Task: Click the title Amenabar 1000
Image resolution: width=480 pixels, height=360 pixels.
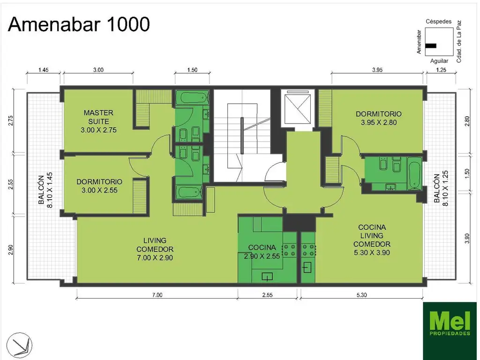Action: coord(79,24)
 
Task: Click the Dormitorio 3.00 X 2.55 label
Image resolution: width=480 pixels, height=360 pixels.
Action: coord(99,186)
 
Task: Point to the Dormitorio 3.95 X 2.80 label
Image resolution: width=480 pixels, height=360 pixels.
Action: coord(378,118)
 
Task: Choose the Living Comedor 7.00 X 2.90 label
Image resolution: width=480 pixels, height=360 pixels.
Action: coord(155,249)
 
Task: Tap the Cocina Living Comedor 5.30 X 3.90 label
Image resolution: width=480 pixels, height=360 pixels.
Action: coord(371,240)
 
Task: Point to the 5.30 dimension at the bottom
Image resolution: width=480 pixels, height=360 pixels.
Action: coord(361,295)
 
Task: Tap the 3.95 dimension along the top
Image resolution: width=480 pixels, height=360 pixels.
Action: coord(377,70)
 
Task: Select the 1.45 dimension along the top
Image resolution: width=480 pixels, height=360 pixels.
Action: coord(44,70)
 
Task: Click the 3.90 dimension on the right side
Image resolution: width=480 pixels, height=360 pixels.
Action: coord(466,238)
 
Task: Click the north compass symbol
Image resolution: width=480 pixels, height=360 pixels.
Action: coord(21,343)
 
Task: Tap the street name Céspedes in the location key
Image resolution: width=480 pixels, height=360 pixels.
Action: coord(438,22)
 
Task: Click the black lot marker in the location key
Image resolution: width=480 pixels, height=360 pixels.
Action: coord(431,46)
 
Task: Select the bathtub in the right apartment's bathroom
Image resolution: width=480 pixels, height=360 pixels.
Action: coord(414,173)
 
